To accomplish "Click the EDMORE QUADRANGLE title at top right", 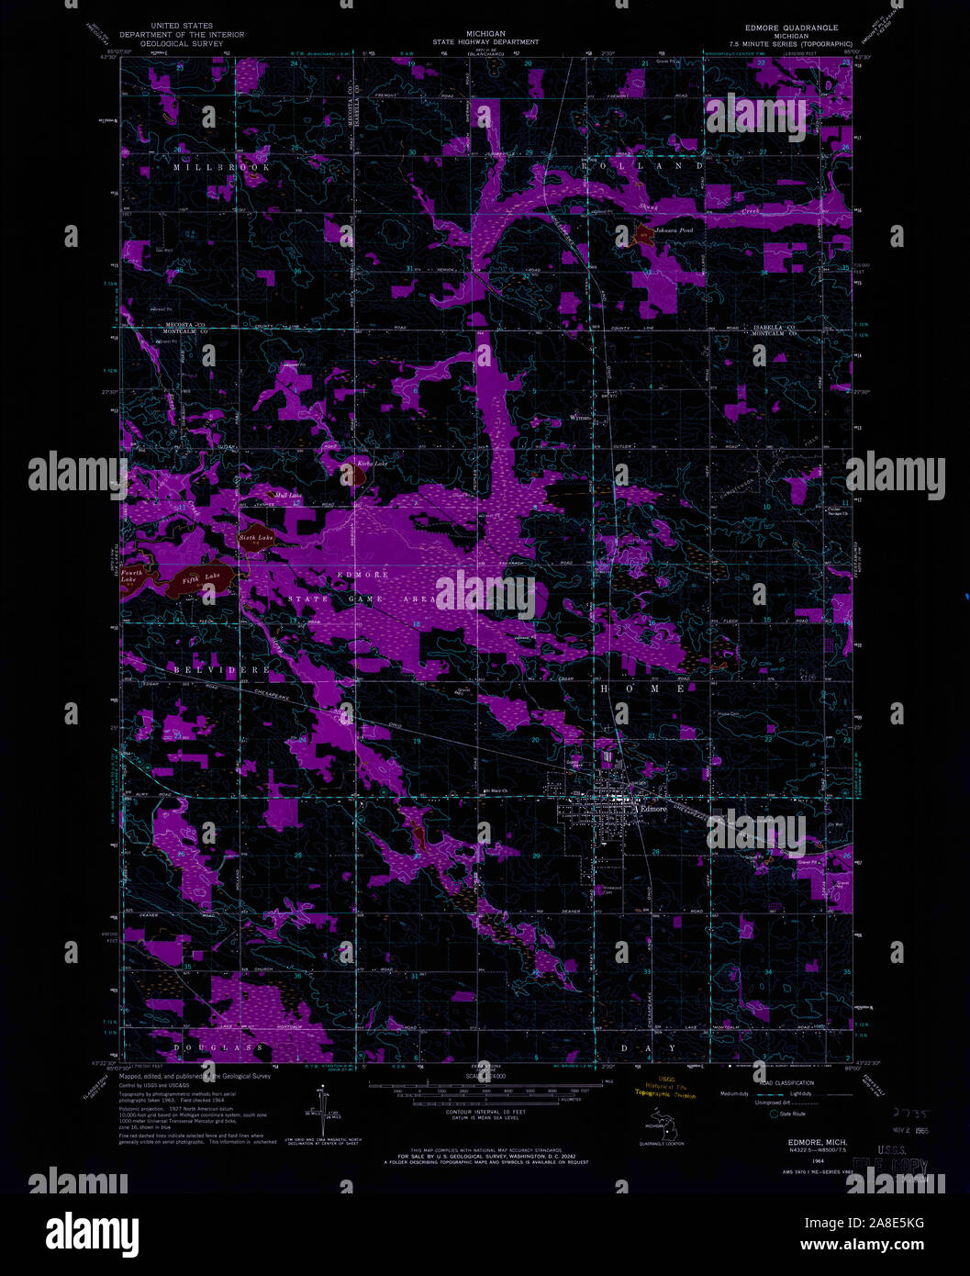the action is point(791,28).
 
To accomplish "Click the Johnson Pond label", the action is point(673,230).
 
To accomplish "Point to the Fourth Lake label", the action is point(132,576).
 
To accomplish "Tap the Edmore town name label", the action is point(652,809).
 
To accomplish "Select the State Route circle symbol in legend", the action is point(775,1114).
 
